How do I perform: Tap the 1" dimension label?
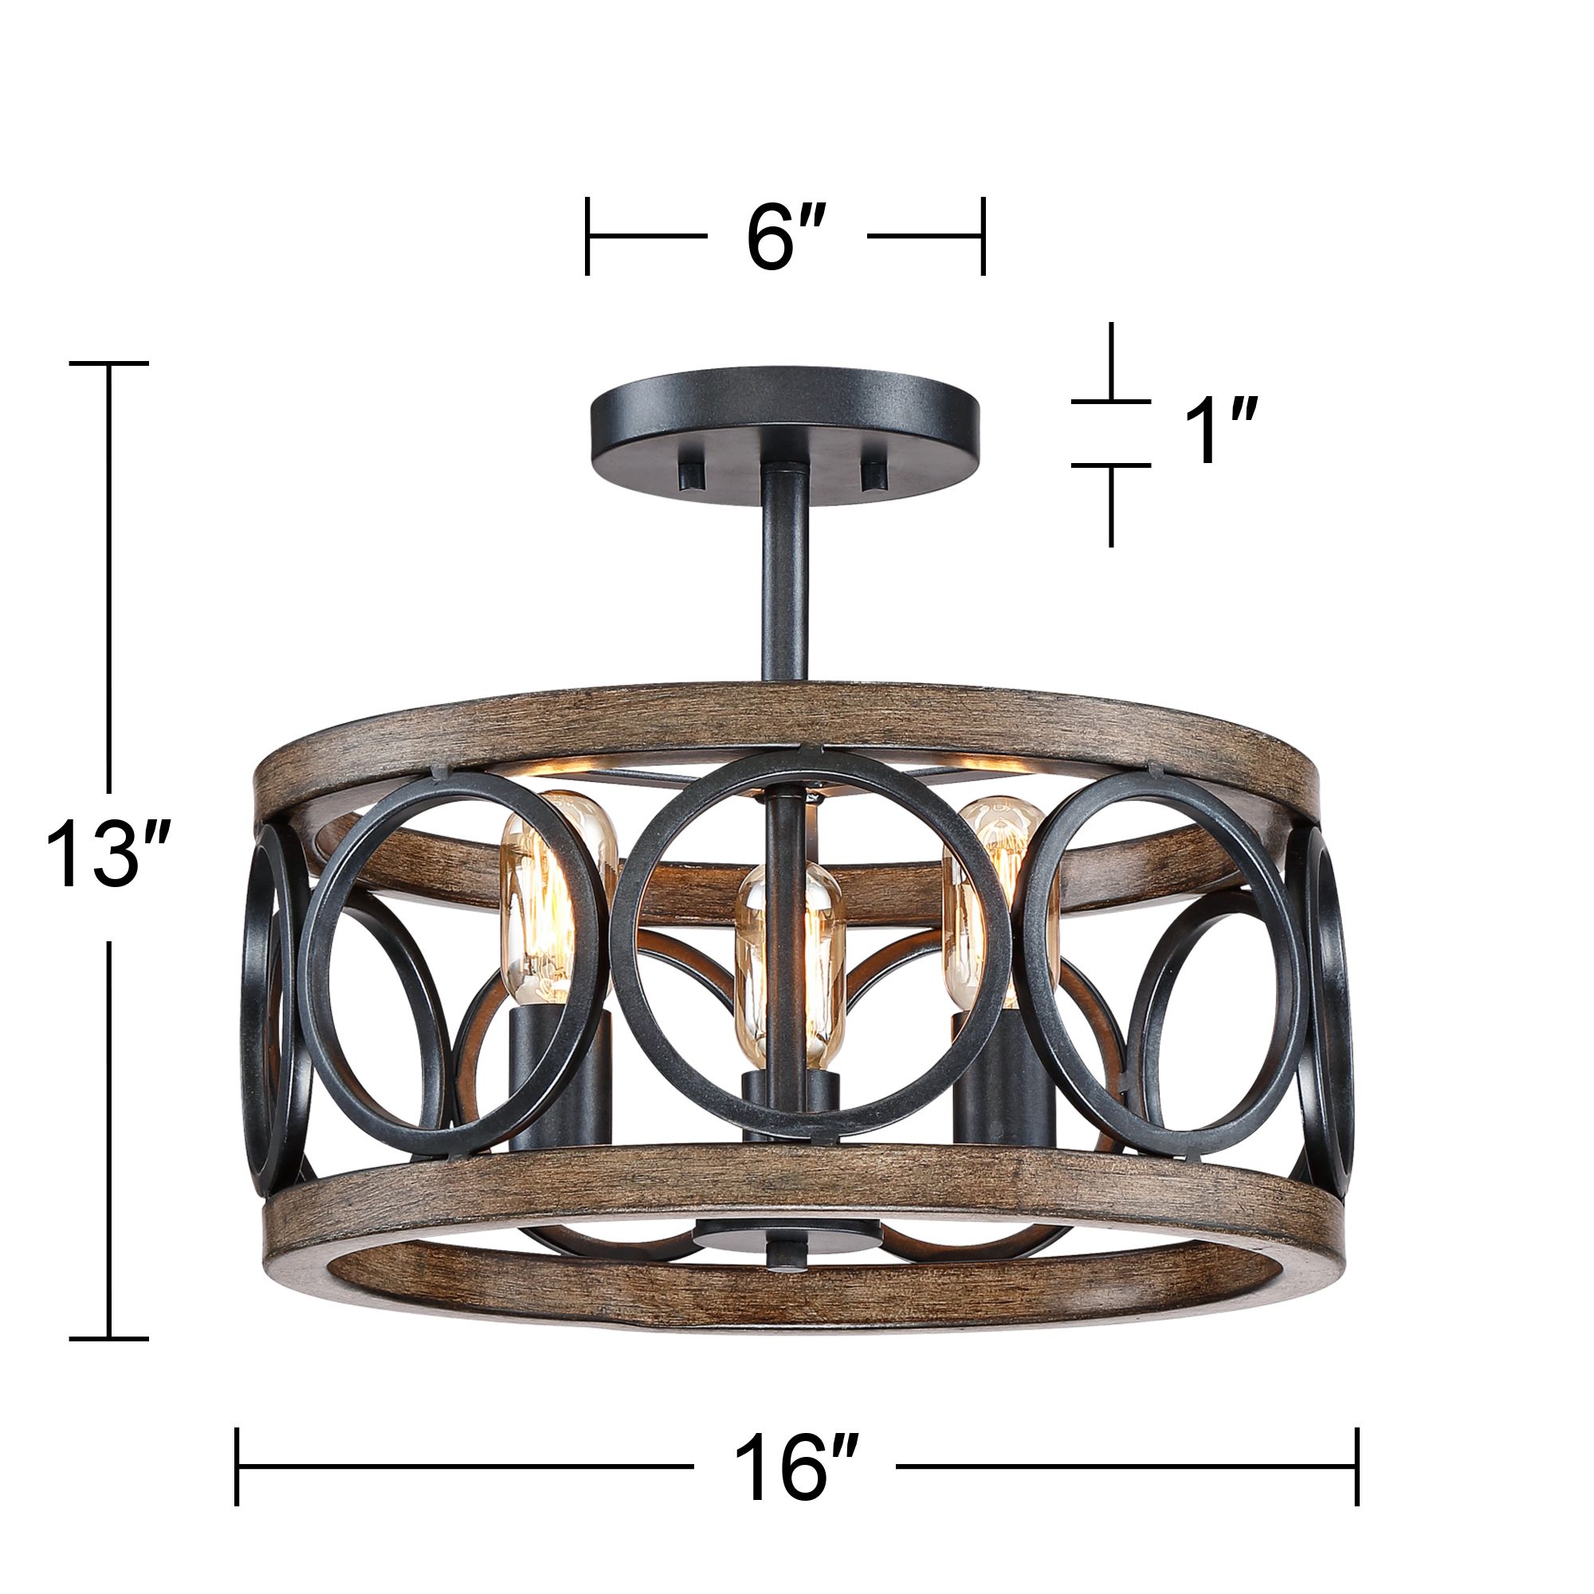(x=1219, y=432)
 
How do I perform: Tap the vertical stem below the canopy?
(x=784, y=578)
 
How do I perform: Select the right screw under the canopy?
(x=872, y=475)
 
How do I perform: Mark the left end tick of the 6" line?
(x=587, y=236)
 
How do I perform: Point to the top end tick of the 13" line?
(x=108, y=363)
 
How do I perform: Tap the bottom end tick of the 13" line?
(x=108, y=1338)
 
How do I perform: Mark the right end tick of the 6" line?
(x=983, y=236)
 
